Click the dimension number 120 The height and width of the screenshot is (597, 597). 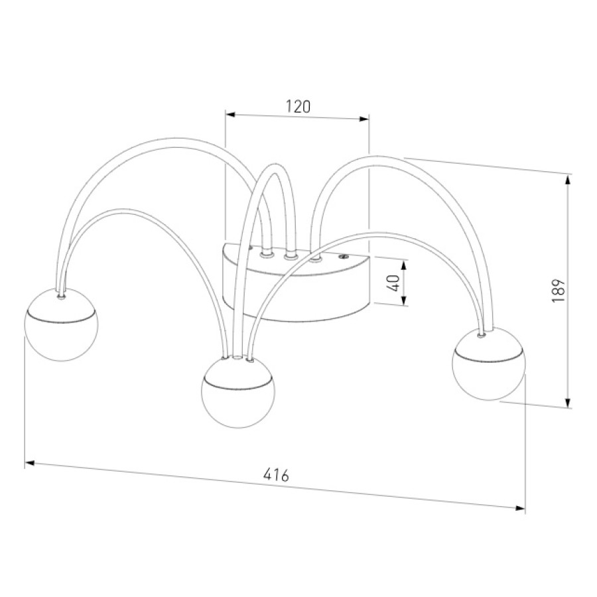pyautogui.click(x=298, y=107)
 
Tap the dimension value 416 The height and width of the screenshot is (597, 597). pyautogui.click(x=277, y=475)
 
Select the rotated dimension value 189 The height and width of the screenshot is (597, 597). pyautogui.click(x=558, y=291)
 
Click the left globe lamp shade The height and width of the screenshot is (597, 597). pyautogui.click(x=61, y=324)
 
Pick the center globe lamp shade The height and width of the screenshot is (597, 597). pyautogui.click(x=237, y=392)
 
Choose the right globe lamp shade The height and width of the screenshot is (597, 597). pyautogui.click(x=489, y=365)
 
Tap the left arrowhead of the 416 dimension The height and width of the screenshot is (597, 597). pyautogui.click(x=30, y=464)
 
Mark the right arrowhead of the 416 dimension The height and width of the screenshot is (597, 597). pyautogui.click(x=520, y=508)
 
